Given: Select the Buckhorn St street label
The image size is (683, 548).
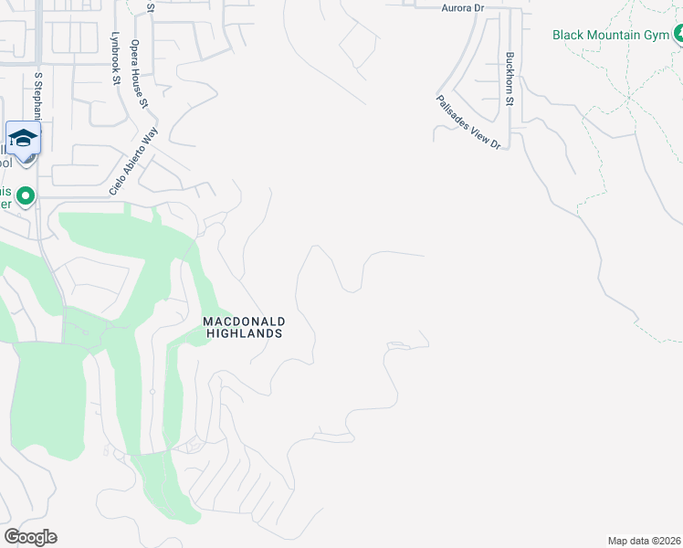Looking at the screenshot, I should coord(511,79).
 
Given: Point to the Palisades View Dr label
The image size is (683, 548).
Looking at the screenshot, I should coord(468,121).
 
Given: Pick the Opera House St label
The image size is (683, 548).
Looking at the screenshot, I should coord(139,74).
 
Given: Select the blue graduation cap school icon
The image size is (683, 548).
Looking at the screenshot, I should coord(23,137).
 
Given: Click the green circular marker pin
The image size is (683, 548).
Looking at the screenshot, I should coord(26,195).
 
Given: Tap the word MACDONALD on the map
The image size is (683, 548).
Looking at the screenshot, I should coord(244,321).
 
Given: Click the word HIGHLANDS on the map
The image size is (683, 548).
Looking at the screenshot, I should coord(244,334).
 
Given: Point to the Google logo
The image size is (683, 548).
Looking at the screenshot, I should coord(30,537).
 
